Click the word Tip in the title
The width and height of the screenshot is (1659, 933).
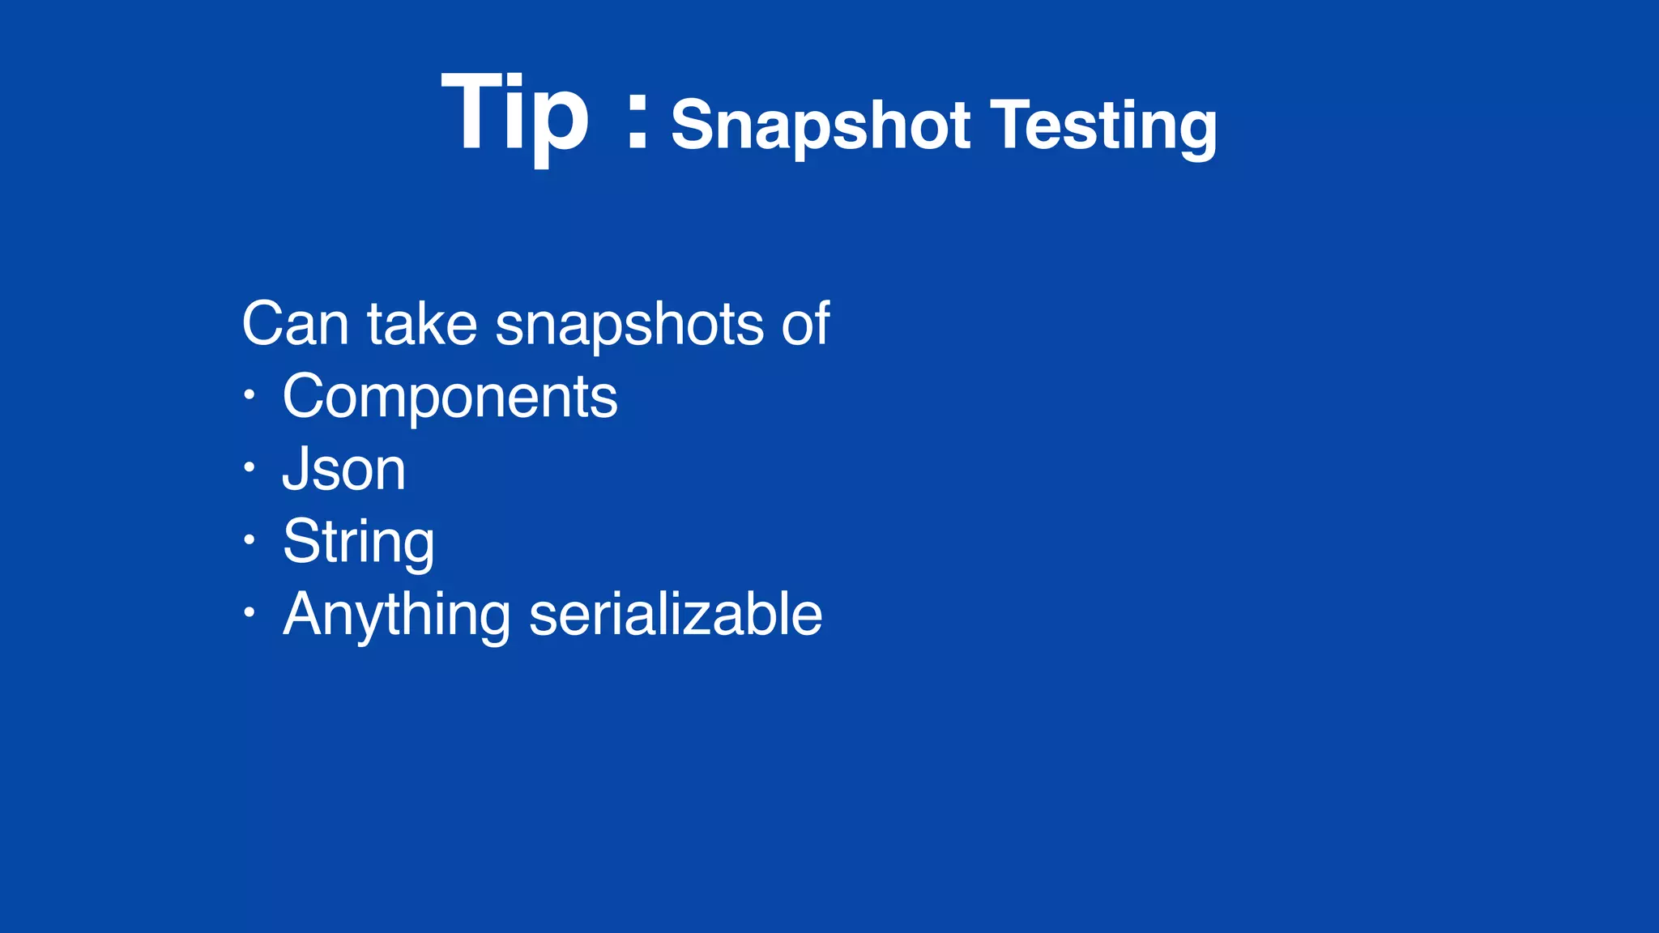515,113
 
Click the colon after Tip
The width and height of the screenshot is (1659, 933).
638,121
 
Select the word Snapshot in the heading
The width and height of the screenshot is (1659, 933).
820,126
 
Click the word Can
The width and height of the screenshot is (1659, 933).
295,324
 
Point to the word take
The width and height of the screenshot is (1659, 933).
422,324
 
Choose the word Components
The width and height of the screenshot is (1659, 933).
450,397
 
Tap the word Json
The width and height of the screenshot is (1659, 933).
343,469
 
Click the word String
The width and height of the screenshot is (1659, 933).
358,542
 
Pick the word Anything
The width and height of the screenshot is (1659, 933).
396,615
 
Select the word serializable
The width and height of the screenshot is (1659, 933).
676,614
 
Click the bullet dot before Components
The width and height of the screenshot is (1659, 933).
249,395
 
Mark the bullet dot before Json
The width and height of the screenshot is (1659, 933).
249,467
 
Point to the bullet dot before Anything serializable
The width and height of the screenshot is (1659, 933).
249,612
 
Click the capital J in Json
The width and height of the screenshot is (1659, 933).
296,469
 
